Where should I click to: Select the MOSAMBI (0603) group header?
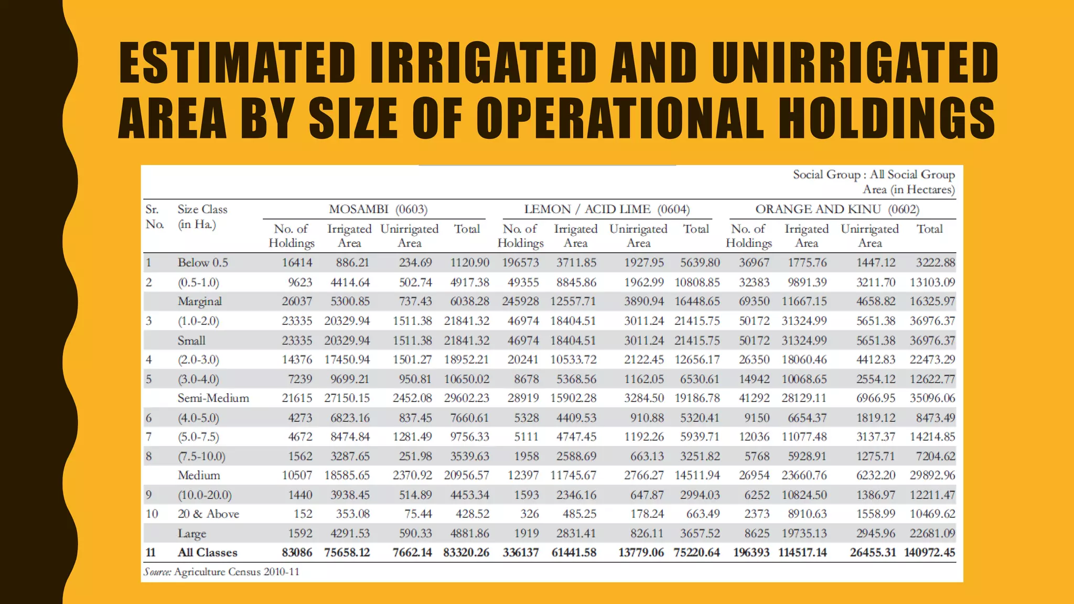coord(378,209)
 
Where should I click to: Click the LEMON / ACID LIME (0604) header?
coord(607,209)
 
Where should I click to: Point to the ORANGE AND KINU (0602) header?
coord(837,209)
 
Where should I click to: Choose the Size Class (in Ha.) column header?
coord(202,217)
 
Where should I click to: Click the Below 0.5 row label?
coord(203,262)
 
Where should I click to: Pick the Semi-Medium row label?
coord(213,398)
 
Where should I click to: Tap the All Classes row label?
coord(207,553)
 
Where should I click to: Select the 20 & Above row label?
coord(208,514)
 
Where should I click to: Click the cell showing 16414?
coord(297,262)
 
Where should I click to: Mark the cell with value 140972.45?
coord(930,553)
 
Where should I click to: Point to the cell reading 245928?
coord(520,301)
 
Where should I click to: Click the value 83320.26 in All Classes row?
coord(466,553)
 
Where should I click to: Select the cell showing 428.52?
coord(472,514)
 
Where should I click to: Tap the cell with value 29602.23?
coord(467,398)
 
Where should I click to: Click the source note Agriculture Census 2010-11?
coord(237,572)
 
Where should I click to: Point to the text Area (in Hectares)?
coord(909,189)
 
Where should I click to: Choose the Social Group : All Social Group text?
coord(874,175)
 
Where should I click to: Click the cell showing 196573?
coord(520,262)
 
